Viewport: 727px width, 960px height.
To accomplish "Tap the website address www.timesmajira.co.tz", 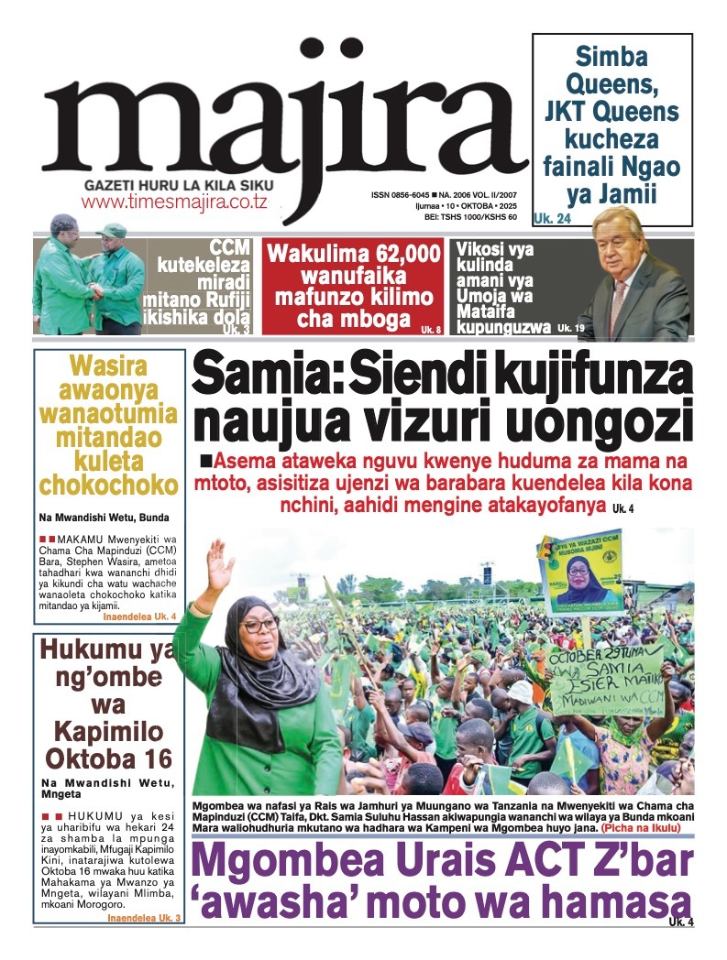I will [x=174, y=202].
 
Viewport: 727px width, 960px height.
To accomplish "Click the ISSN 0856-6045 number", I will [x=402, y=195].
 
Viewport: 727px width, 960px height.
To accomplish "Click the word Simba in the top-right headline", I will [x=612, y=58].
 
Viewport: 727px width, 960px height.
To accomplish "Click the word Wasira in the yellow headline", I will [x=108, y=368].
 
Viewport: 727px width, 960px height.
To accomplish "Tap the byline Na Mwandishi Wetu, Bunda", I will [x=103, y=518].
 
